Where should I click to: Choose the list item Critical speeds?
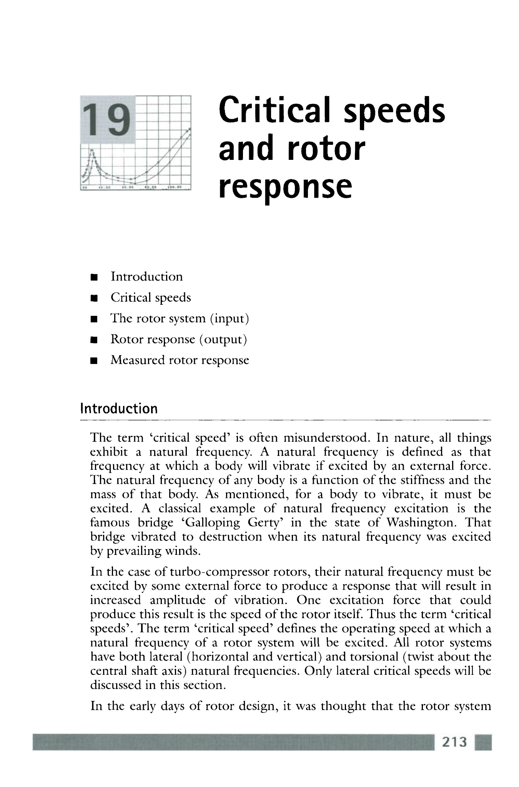[151, 297]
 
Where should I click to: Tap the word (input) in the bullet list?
[230, 319]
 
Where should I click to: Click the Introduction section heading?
[119, 408]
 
